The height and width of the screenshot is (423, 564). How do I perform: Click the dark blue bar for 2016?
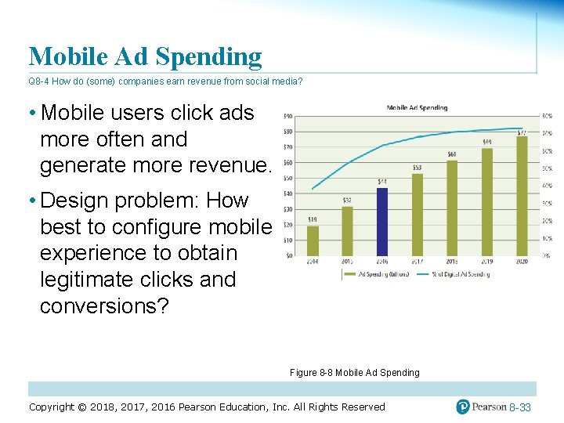click(381, 222)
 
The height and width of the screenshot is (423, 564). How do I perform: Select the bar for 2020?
click(522, 196)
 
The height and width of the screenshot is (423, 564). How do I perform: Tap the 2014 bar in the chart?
click(313, 240)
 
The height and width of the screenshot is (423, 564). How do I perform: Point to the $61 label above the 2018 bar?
click(452, 154)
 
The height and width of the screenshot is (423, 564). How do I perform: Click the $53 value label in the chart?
click(417, 167)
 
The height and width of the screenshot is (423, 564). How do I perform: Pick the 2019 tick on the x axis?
click(487, 262)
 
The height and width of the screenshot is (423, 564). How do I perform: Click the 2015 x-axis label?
click(347, 262)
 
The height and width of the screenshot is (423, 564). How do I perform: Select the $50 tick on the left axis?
click(288, 179)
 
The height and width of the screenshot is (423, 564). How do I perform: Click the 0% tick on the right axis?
click(546, 255)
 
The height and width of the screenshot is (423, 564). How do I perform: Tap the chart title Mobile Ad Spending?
click(417, 107)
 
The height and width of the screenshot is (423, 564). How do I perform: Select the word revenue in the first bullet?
click(226, 165)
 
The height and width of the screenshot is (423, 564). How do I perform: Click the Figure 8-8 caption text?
click(354, 372)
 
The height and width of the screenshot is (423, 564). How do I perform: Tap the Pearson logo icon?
click(464, 407)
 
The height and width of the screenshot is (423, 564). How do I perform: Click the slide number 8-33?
click(519, 407)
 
